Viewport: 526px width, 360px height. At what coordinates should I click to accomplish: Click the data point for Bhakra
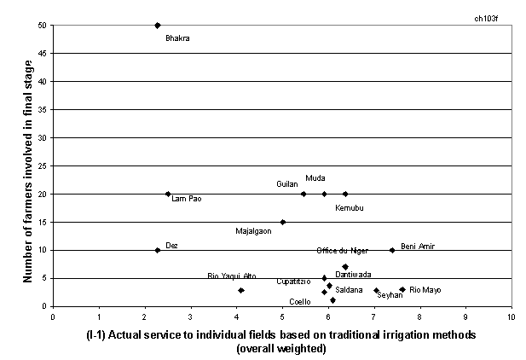pyautogui.click(x=158, y=26)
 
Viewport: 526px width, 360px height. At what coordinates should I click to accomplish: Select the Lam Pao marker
pyautogui.click(x=168, y=194)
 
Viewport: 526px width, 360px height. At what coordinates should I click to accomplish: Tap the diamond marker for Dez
pyautogui.click(x=158, y=250)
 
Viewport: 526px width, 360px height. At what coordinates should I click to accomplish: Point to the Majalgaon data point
pyautogui.click(x=283, y=222)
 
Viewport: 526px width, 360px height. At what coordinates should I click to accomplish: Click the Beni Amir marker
pyautogui.click(x=392, y=250)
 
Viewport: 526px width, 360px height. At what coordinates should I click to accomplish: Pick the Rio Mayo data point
pyautogui.click(x=402, y=289)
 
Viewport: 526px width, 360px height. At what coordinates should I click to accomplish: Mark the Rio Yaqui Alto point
pyautogui.click(x=241, y=290)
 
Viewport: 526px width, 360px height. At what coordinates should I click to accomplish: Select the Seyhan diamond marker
pyautogui.click(x=376, y=290)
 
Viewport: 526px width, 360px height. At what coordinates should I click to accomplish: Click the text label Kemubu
pyautogui.click(x=350, y=207)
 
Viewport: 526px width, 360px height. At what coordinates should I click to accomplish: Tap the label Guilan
pyautogui.click(x=286, y=183)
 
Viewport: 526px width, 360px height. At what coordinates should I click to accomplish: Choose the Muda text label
pyautogui.click(x=315, y=177)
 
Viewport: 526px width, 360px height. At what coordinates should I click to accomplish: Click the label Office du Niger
pyautogui.click(x=342, y=250)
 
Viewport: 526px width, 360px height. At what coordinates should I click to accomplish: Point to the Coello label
pyautogui.click(x=299, y=302)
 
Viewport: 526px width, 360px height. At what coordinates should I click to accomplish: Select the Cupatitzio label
pyautogui.click(x=293, y=281)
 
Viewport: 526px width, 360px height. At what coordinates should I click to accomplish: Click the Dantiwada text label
pyautogui.click(x=353, y=274)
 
